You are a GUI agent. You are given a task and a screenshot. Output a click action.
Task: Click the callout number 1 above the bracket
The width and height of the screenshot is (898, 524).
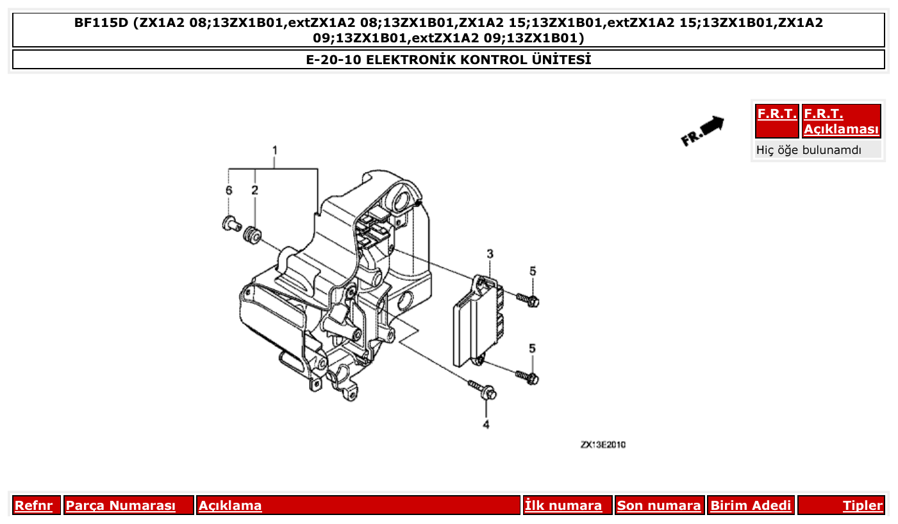click(274, 151)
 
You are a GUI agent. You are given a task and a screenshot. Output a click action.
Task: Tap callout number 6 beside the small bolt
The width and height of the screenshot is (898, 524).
click(228, 190)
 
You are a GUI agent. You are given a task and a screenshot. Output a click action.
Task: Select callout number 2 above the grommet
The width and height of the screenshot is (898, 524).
click(254, 190)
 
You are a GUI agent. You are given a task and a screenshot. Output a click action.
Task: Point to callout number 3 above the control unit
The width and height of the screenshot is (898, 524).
click(490, 255)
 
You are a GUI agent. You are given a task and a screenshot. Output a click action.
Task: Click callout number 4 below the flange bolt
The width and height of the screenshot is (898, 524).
click(486, 425)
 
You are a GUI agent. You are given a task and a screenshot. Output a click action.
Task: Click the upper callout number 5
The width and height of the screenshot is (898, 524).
click(533, 271)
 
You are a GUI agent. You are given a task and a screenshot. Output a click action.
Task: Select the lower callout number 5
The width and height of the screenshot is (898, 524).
click(532, 348)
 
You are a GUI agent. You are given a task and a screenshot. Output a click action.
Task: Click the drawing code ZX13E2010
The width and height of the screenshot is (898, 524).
click(603, 444)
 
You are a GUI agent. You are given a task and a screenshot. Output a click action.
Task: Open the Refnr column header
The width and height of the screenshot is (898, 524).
click(34, 505)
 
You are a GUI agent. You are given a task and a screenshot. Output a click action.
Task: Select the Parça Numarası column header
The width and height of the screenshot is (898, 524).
click(121, 505)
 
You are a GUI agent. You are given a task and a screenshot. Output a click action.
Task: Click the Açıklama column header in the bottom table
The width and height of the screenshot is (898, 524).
click(230, 505)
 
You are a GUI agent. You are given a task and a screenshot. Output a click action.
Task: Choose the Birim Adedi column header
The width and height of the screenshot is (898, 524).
click(751, 505)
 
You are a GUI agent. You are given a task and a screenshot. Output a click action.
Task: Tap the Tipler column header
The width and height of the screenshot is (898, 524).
click(862, 505)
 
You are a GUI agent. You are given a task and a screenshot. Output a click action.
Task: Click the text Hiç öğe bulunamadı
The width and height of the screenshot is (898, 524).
click(809, 150)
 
